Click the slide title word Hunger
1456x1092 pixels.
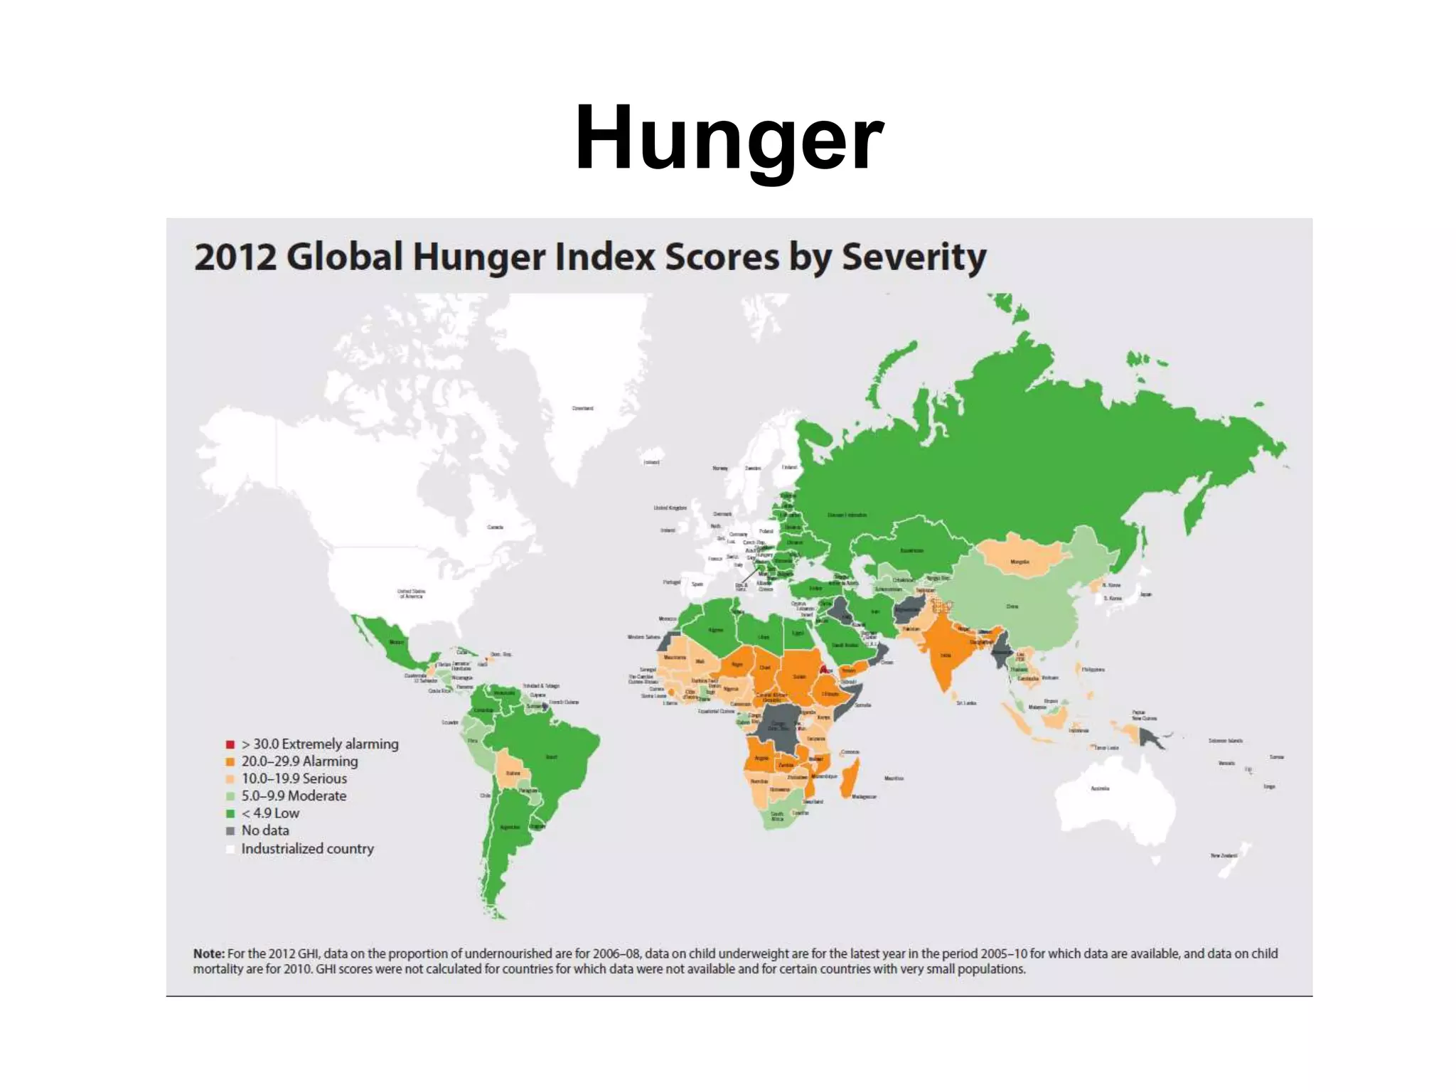pos(729,138)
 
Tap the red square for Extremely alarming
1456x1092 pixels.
pos(230,744)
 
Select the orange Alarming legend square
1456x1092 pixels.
pos(230,761)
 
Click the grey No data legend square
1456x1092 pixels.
pos(230,830)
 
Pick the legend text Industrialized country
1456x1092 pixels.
pos(307,848)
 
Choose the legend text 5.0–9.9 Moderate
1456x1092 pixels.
pos(294,796)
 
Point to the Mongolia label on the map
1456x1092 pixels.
pos(1019,562)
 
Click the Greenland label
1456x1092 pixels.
pos(582,408)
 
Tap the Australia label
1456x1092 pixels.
pos(1100,788)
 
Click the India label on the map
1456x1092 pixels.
pos(946,655)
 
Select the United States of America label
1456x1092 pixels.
pos(411,594)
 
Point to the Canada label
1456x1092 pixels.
pos(495,527)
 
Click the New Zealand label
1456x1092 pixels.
pos(1223,855)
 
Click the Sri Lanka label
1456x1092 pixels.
pos(966,702)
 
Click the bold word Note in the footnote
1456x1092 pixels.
pos(208,953)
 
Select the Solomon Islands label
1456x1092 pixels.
pos(1226,741)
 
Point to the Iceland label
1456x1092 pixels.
pos(651,462)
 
